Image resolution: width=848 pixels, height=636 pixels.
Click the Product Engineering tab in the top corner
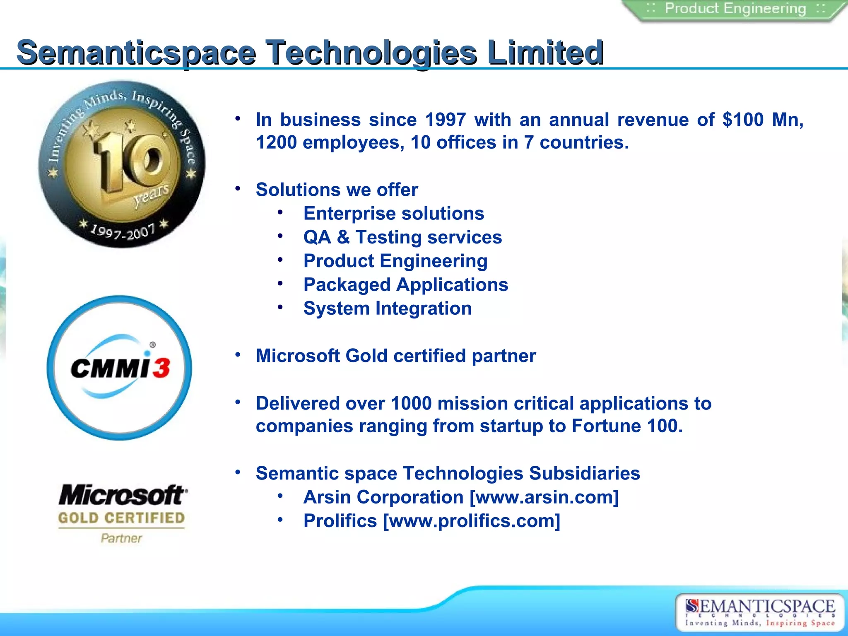click(735, 9)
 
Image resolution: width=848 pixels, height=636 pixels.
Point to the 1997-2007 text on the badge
click(123, 232)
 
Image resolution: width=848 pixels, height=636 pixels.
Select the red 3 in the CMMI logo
click(161, 368)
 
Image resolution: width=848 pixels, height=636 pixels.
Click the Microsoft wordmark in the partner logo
click(123, 495)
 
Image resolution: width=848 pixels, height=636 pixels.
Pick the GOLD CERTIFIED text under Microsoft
click(121, 518)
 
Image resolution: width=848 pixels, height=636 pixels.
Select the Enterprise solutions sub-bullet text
click(393, 214)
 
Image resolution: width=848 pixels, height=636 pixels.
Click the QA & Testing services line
click(402, 238)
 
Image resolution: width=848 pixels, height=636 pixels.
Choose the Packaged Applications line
click(406, 285)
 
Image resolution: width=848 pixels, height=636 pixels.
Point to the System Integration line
click(388, 309)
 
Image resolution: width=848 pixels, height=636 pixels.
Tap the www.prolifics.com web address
click(472, 521)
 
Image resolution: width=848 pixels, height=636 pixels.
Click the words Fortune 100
click(626, 426)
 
